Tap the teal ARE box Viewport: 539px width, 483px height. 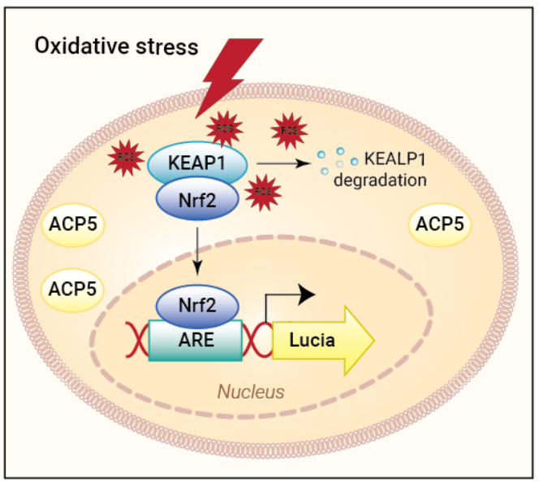coord(195,340)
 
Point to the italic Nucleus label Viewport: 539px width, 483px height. coord(251,392)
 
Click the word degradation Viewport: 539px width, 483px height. coord(381,181)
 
